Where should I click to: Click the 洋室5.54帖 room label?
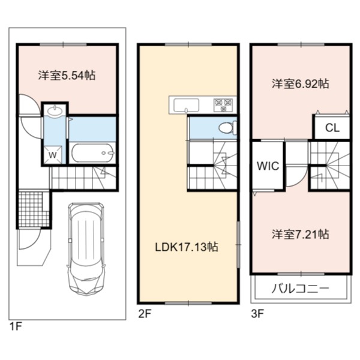[x=67, y=76]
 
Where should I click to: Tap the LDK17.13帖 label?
[x=187, y=247]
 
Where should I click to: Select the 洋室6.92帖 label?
[x=301, y=84]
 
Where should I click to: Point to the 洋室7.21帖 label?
[x=301, y=234]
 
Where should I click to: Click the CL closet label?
[x=332, y=128]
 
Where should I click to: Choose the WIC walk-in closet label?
[x=268, y=166]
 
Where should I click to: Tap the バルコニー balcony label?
[x=301, y=289]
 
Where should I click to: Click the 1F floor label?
[x=16, y=326]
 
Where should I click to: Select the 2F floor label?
[x=144, y=314]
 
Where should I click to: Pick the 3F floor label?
[x=257, y=314]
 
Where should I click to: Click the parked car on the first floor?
[x=86, y=249]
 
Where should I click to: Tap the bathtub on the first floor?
[x=92, y=153]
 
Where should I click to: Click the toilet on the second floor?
[x=227, y=128]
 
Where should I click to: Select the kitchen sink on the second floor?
[x=186, y=105]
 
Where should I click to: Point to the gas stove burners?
[x=223, y=104]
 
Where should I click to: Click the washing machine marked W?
[x=53, y=155]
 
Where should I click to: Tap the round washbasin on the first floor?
[x=55, y=111]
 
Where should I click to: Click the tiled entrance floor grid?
[x=34, y=209]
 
